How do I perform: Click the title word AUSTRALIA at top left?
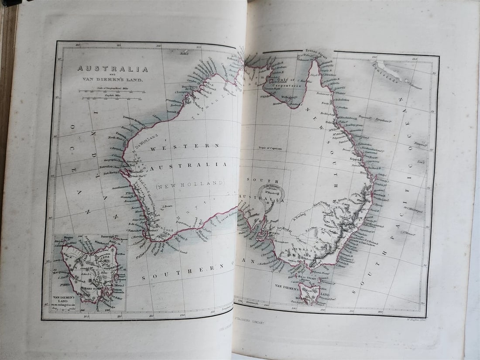(113, 69)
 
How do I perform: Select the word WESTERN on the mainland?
(185, 147)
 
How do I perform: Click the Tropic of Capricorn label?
(270, 148)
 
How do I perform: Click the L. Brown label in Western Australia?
(168, 207)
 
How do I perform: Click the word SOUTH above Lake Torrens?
(257, 180)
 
